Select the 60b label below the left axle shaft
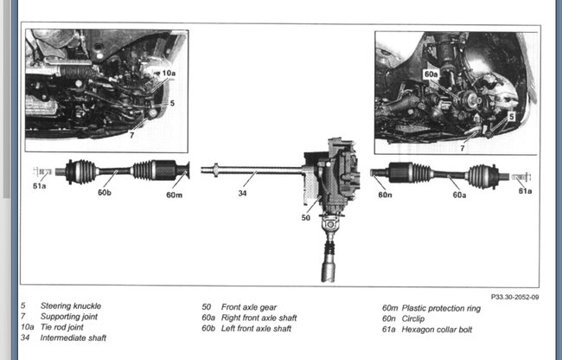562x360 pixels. pos(105,193)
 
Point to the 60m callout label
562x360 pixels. pos(175,194)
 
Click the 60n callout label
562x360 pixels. pos(385,195)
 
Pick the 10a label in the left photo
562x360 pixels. pos(167,74)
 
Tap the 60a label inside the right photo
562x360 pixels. pos(431,75)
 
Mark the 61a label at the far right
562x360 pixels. pos(525,190)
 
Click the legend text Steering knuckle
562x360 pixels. pos(70,306)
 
